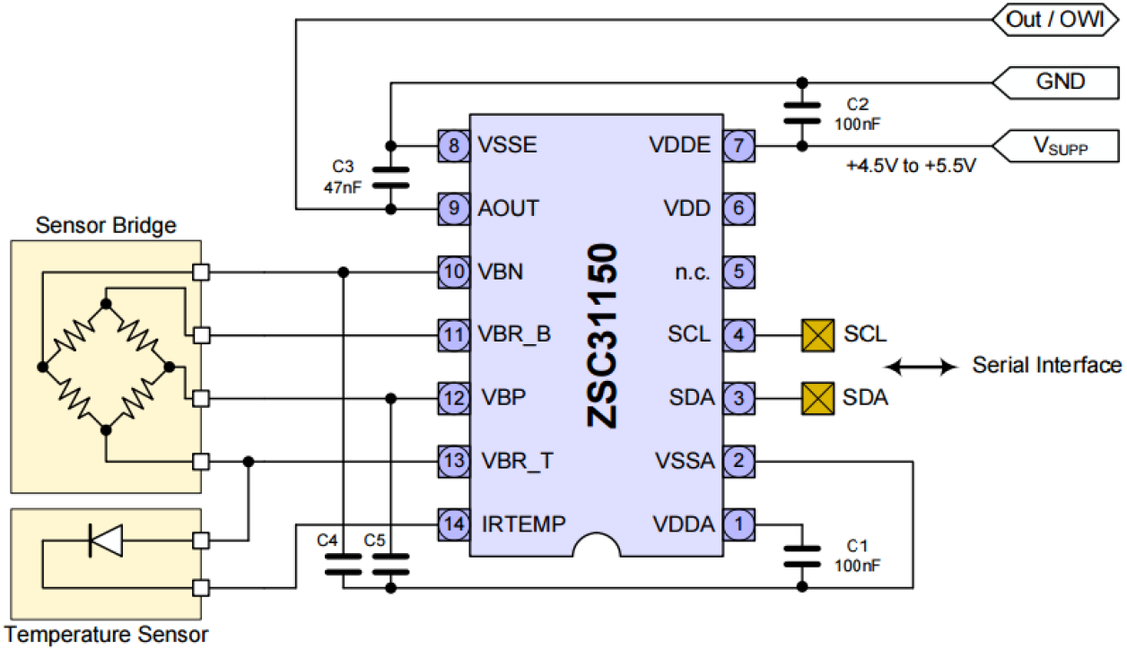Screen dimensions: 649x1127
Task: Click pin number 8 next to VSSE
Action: pyautogui.click(x=453, y=144)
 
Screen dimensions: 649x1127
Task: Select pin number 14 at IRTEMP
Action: pyautogui.click(x=453, y=524)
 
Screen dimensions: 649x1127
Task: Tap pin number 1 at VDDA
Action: pyautogui.click(x=738, y=524)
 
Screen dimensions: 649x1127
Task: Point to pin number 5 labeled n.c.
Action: pyautogui.click(x=738, y=272)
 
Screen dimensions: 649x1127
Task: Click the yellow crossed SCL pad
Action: pyautogui.click(x=816, y=335)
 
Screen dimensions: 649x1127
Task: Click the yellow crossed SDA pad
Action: pyautogui.click(x=816, y=398)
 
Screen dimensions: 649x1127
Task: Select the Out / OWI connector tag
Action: pyautogui.click(x=1054, y=18)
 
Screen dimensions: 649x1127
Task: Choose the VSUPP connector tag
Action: pyautogui.click(x=1059, y=145)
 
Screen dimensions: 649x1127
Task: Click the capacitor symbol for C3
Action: pyautogui.click(x=390, y=177)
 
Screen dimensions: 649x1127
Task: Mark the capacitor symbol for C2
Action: pyautogui.click(x=801, y=113)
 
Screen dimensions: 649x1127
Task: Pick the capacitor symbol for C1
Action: pyautogui.click(x=801, y=556)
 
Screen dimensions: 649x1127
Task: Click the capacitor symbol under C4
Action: pyautogui.click(x=343, y=564)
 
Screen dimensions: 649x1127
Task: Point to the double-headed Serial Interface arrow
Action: pyautogui.click(x=921, y=366)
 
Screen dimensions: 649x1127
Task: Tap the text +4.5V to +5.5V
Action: pyautogui.click(x=909, y=168)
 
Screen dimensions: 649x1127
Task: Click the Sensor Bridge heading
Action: pyautogui.click(x=106, y=225)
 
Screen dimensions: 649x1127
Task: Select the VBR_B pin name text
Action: pyautogui.click(x=514, y=335)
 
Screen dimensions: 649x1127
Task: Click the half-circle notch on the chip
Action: pyautogui.click(x=597, y=543)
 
